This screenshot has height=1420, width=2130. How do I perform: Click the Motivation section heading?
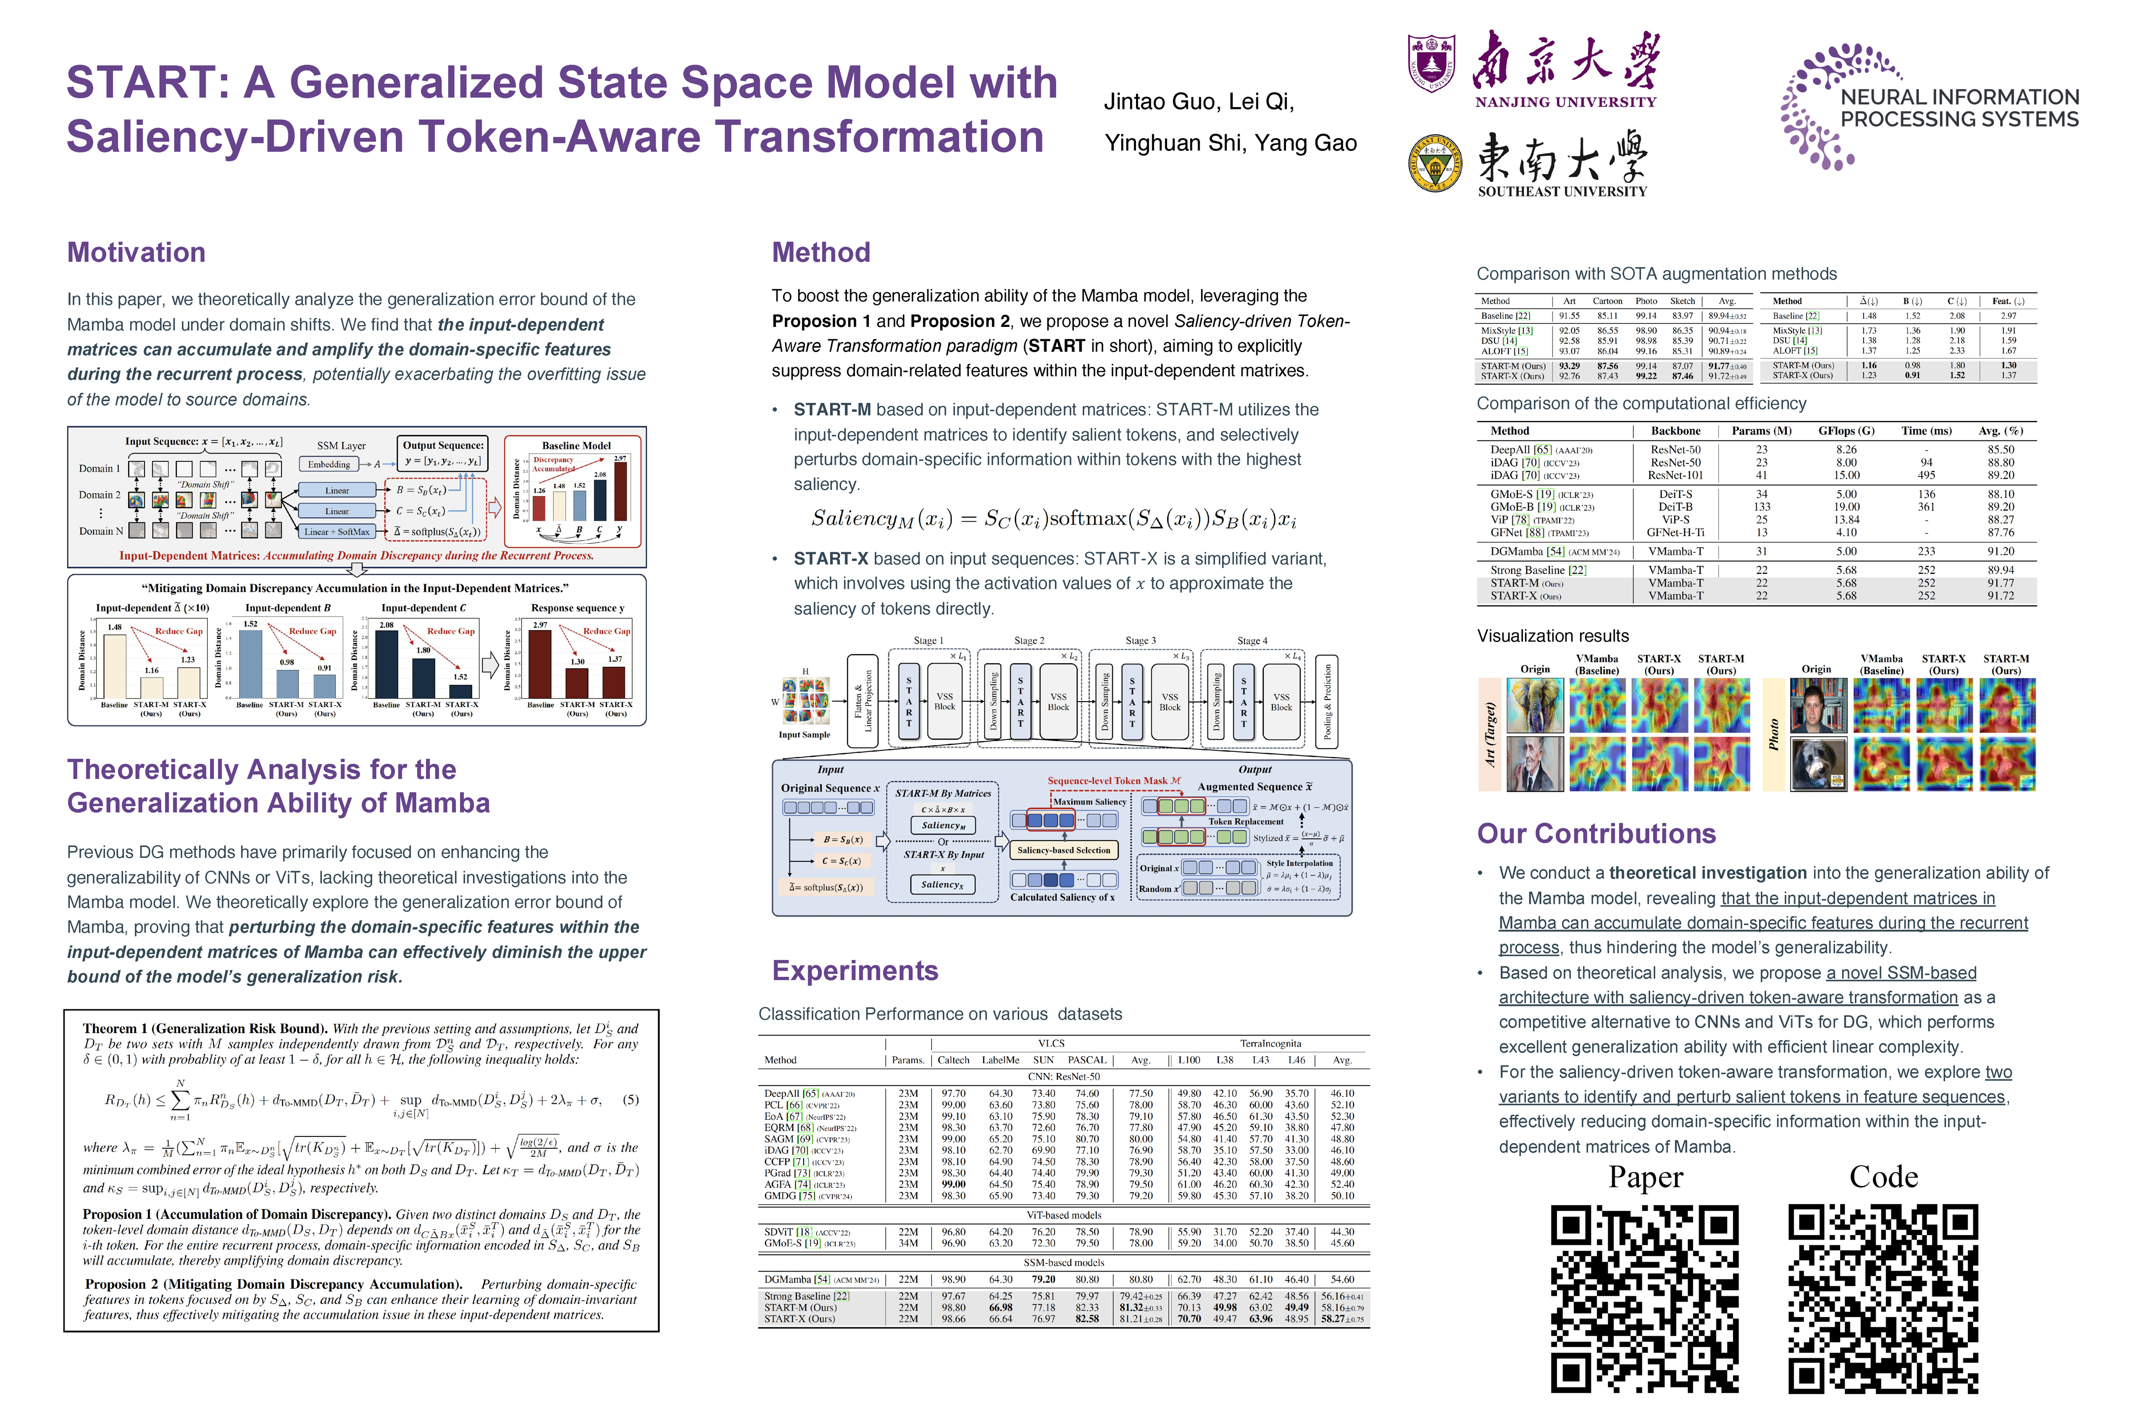(x=136, y=252)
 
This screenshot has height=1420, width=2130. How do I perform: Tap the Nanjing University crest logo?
(x=1431, y=64)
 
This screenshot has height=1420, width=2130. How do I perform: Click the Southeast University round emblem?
(x=1434, y=164)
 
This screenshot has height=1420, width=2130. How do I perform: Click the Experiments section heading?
(x=854, y=971)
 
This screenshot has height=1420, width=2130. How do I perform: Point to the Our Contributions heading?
(x=1596, y=834)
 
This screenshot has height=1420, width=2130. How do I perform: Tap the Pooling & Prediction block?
(x=1327, y=702)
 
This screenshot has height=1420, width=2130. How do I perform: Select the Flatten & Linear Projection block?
(x=863, y=702)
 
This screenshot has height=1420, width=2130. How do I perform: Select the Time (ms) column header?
(x=1926, y=431)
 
